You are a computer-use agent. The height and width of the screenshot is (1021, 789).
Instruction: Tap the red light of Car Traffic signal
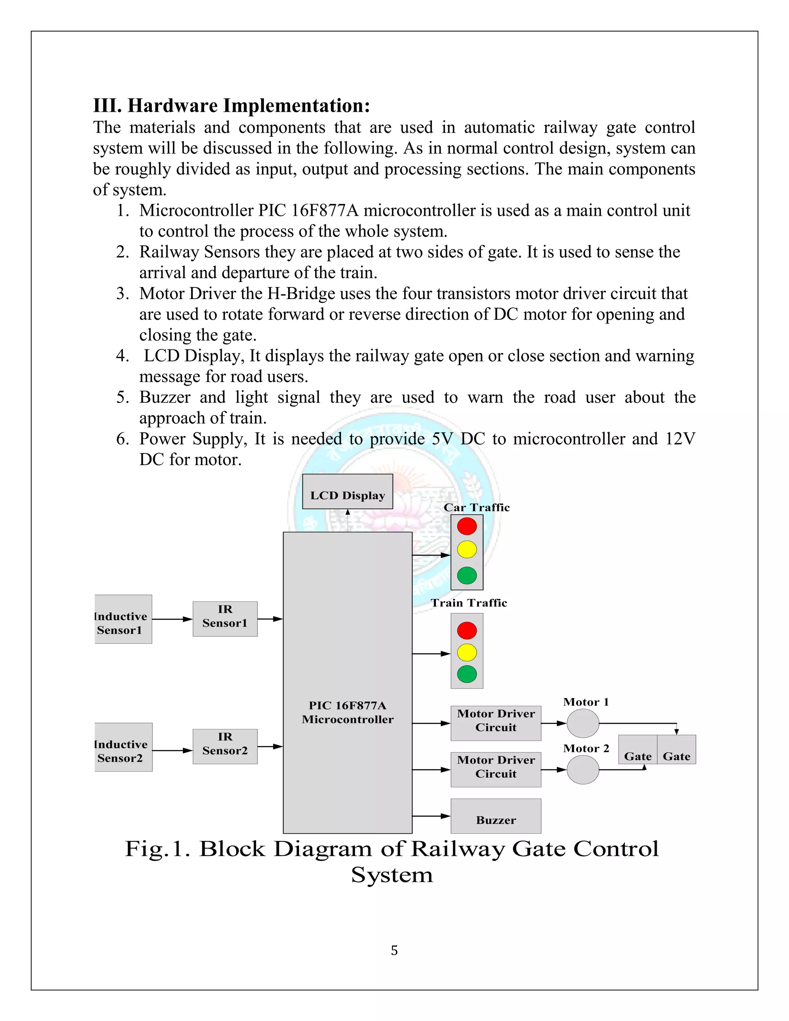click(x=467, y=526)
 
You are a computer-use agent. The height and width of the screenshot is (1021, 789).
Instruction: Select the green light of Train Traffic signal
click(x=467, y=674)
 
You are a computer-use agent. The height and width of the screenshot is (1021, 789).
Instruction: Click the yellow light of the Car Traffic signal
click(x=467, y=549)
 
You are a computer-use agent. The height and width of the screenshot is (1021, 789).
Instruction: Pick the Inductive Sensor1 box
click(x=123, y=620)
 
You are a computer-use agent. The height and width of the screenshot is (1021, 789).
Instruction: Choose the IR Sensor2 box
click(x=225, y=747)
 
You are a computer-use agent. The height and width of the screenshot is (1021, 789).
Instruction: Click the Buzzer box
click(x=495, y=816)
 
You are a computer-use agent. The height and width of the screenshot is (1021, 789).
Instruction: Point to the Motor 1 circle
click(x=583, y=723)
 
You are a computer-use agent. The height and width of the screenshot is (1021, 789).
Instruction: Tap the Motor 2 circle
click(x=583, y=769)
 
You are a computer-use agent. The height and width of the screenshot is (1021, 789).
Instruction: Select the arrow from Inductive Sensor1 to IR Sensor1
click(x=172, y=620)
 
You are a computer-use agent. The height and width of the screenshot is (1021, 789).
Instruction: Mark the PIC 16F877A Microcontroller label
click(x=347, y=712)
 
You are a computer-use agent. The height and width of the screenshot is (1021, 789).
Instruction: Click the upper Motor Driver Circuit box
click(x=495, y=723)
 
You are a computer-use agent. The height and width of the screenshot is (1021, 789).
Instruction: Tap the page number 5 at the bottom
click(x=394, y=950)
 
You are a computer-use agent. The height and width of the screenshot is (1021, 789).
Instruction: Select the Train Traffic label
click(x=469, y=603)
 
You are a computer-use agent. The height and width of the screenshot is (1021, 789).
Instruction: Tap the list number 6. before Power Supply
click(x=123, y=439)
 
